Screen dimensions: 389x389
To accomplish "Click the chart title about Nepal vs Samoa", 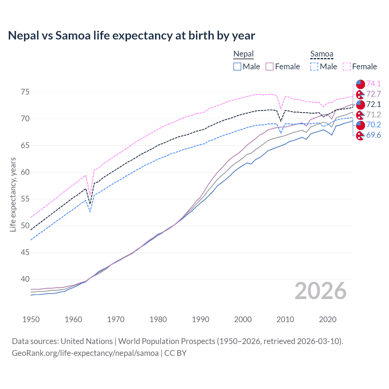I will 131,36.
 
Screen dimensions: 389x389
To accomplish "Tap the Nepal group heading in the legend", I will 243,54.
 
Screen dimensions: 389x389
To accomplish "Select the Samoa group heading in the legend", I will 322,54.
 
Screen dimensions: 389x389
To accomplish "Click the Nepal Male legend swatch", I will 237,67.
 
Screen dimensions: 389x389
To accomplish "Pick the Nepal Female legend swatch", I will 270,67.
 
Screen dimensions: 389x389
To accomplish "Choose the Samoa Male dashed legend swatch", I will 314,67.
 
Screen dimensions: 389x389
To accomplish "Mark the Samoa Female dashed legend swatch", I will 347,67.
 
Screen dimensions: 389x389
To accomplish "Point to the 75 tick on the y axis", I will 25,92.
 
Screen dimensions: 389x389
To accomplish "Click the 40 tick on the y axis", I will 25,279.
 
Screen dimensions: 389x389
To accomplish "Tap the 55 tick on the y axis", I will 25,199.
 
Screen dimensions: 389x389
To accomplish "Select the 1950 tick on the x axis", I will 31,319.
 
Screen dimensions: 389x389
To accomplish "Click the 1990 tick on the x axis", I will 201,319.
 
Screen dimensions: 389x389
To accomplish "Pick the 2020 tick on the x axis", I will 328,319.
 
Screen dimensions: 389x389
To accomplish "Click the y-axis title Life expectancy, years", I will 13,194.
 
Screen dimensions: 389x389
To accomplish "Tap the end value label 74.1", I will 374,84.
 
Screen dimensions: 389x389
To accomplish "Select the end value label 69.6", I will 374,135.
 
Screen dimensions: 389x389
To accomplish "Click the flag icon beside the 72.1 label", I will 360,105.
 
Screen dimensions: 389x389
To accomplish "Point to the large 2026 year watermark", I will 320,291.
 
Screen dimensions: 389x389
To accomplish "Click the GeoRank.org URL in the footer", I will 85,353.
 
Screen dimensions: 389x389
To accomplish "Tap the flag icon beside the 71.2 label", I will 360,115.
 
